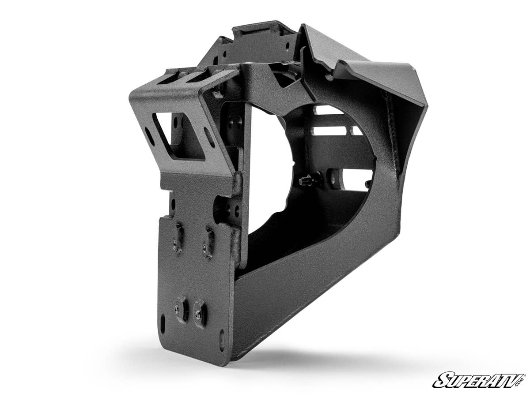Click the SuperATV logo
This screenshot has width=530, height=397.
[x=479, y=380]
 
